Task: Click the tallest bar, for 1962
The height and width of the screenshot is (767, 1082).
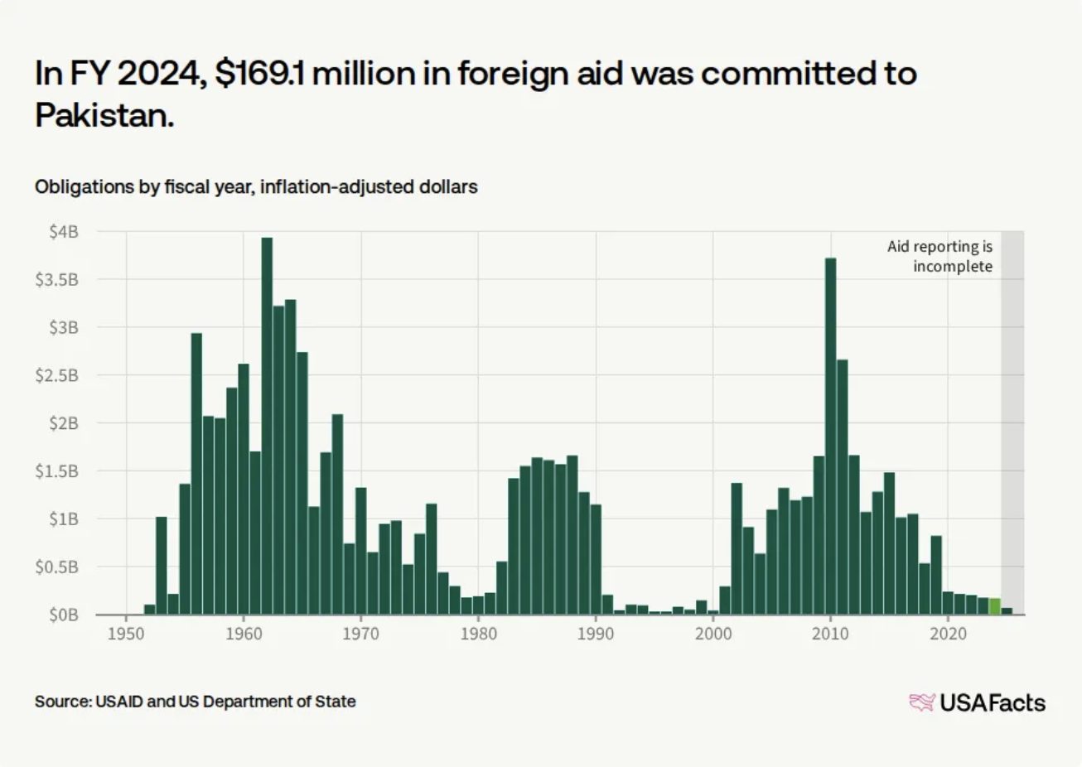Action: [x=267, y=426]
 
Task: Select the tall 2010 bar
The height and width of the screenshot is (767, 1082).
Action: [x=830, y=437]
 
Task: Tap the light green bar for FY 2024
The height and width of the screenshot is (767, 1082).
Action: [x=994, y=606]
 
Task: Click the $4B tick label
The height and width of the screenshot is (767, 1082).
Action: [x=63, y=232]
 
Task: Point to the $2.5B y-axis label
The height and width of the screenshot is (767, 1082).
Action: [x=56, y=375]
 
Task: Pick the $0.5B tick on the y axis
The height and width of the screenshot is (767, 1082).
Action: [x=56, y=567]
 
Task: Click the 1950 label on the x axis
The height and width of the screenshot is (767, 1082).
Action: [x=126, y=634]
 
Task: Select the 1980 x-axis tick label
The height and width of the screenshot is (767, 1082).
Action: [x=478, y=634]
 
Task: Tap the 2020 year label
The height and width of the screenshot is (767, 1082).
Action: [x=948, y=634]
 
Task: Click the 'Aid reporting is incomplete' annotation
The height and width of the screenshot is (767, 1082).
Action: [x=940, y=256]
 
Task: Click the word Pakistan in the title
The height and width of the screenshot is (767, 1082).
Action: [x=104, y=115]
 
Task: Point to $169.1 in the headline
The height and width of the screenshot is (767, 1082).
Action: [x=259, y=74]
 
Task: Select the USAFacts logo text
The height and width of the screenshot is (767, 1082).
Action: [x=993, y=702]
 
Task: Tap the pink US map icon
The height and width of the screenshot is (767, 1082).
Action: [x=922, y=702]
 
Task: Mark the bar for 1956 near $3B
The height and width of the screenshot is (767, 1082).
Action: [x=196, y=474]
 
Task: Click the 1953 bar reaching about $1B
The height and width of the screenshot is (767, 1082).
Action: [x=162, y=566]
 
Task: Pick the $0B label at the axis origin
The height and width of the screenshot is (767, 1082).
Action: [x=63, y=615]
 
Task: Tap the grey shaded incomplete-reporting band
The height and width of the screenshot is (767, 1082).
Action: [x=1012, y=422]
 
